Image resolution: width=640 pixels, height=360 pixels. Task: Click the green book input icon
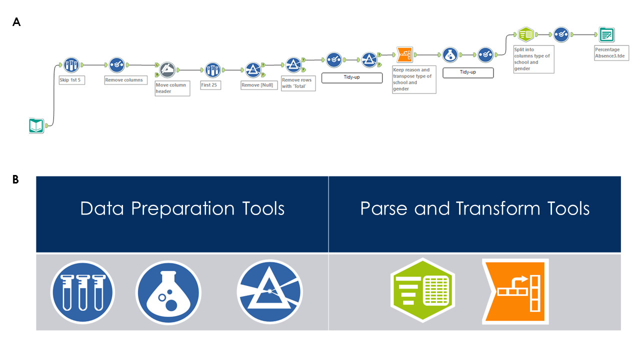click(37, 126)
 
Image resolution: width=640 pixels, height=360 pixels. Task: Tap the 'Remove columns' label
click(124, 80)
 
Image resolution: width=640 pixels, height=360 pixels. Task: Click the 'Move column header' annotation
click(172, 88)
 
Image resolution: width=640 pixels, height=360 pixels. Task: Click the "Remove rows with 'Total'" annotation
click(298, 83)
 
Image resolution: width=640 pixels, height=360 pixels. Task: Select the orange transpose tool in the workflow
click(403, 53)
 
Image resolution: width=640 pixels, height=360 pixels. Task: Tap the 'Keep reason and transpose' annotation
click(413, 79)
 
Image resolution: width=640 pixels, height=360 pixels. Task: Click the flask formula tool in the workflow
click(451, 55)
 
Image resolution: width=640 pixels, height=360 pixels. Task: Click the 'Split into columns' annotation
click(533, 59)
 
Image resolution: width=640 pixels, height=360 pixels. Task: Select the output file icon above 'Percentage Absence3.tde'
click(606, 35)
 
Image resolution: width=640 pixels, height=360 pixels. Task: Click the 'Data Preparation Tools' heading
click(182, 208)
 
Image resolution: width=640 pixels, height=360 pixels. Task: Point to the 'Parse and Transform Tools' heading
click(474, 208)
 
